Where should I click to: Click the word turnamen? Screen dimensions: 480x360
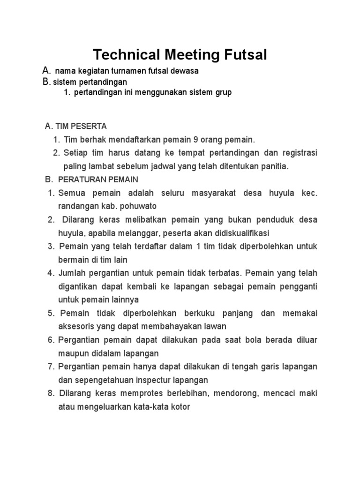pos(129,71)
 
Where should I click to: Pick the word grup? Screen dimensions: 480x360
pos(223,92)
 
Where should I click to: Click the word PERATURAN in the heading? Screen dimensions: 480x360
pos(80,180)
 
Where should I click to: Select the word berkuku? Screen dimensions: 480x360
pos(203,313)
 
